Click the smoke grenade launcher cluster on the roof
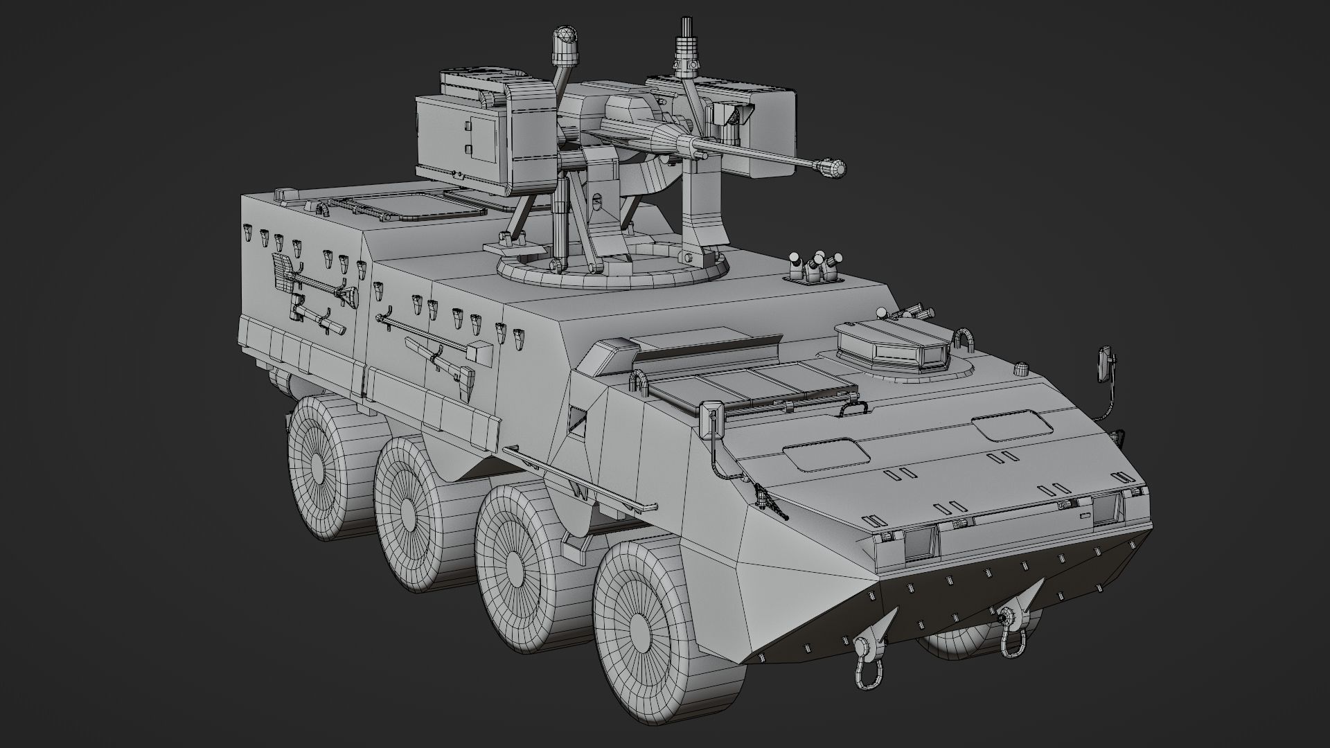[x=815, y=267]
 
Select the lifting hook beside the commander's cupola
[x=964, y=342]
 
